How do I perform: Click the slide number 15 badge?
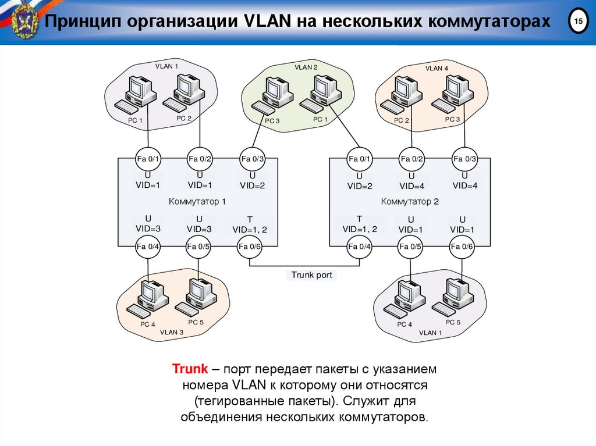(x=578, y=22)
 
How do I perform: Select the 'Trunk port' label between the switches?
(x=311, y=275)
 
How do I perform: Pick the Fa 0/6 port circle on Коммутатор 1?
(x=250, y=247)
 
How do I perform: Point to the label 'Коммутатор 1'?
(x=197, y=202)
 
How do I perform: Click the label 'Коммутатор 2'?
(x=409, y=202)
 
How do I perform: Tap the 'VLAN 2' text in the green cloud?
(x=306, y=67)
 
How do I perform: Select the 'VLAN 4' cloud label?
(x=437, y=68)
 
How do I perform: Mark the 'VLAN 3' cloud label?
(x=171, y=332)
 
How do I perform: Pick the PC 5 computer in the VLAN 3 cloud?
(x=198, y=298)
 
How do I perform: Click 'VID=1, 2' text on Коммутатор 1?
(x=250, y=230)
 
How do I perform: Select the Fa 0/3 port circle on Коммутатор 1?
(x=253, y=159)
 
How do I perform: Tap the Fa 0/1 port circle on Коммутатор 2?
(x=359, y=159)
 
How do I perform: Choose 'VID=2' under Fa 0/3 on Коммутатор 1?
(x=253, y=186)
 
